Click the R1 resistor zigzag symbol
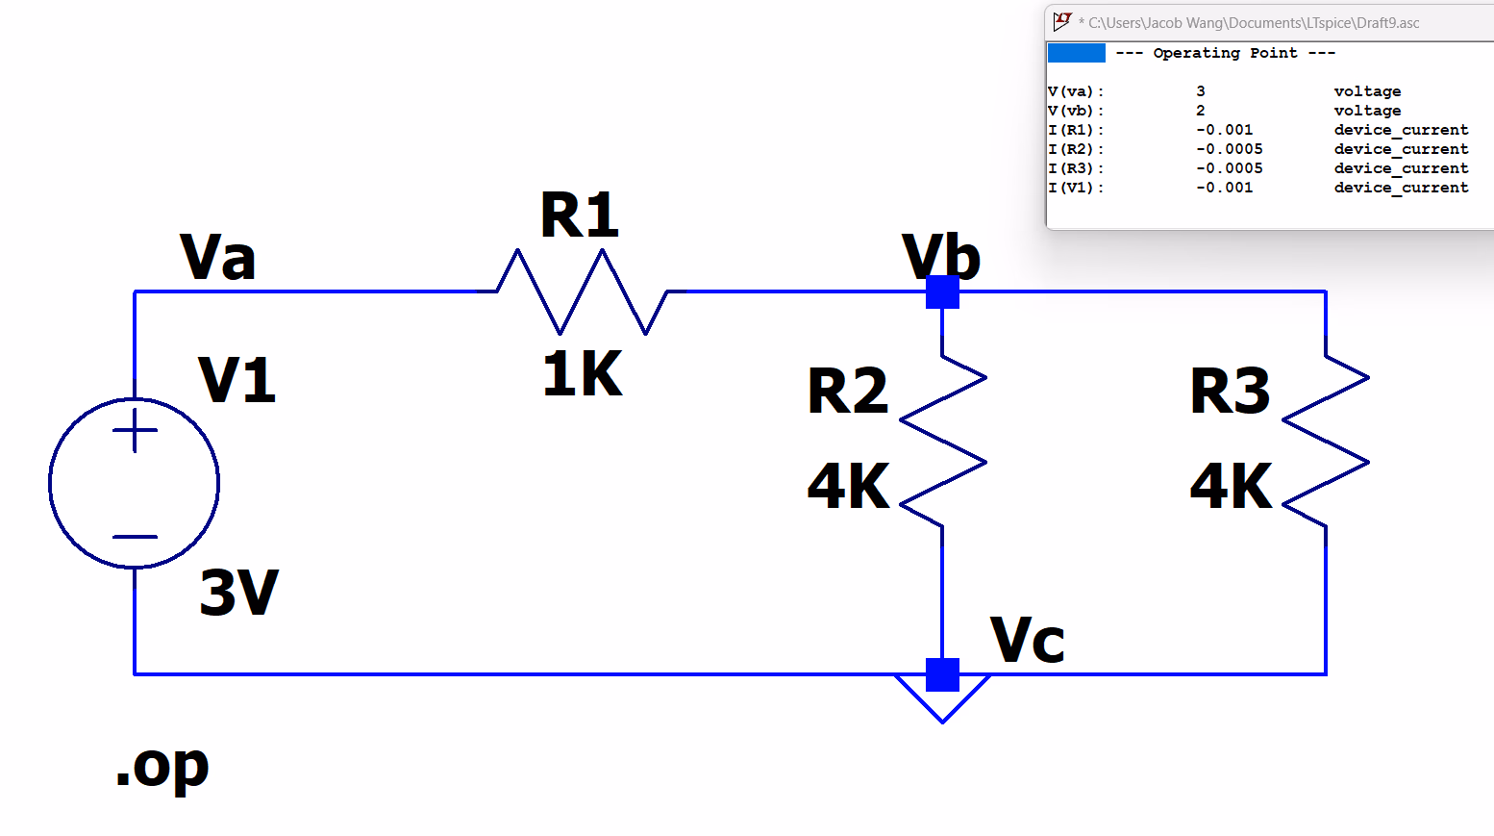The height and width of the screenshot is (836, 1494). (x=582, y=291)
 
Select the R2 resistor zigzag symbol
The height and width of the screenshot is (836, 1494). (x=943, y=442)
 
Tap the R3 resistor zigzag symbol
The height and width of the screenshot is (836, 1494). (x=1326, y=442)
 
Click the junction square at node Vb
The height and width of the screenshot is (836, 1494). (x=943, y=291)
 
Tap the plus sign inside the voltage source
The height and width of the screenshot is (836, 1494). (x=135, y=430)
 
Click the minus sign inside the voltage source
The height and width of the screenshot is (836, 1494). (x=135, y=537)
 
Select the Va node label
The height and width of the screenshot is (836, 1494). (x=218, y=258)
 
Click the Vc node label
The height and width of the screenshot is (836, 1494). (x=1028, y=641)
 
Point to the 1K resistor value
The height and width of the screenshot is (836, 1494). (x=583, y=374)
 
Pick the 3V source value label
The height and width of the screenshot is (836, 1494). (x=238, y=593)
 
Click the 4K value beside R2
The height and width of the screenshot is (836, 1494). (x=849, y=487)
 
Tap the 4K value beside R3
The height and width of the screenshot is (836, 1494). (x=1232, y=487)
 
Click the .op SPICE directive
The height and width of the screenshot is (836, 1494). (x=162, y=768)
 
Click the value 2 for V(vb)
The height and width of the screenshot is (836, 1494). (x=1201, y=111)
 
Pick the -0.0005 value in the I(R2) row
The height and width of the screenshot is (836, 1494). (x=1230, y=149)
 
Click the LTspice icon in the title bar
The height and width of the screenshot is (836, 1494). (x=1062, y=21)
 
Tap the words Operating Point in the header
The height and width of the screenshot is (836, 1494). (x=1225, y=53)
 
